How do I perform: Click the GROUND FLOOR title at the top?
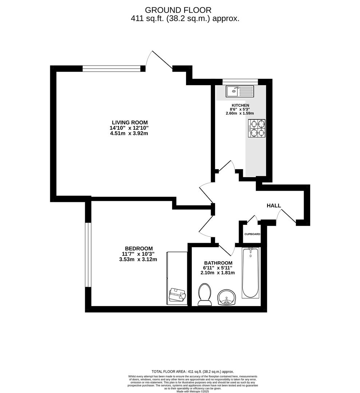(x=178, y=10)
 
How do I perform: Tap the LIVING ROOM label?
(x=130, y=123)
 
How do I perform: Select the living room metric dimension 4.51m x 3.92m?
(x=129, y=133)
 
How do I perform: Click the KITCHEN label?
(x=240, y=106)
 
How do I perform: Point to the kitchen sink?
(x=240, y=91)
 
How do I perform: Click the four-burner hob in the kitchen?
(x=257, y=128)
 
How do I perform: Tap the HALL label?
(x=274, y=206)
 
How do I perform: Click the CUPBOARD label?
(x=252, y=234)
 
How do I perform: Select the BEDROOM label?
(x=139, y=249)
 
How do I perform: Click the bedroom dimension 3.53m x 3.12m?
(x=138, y=259)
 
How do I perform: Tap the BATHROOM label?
(x=218, y=263)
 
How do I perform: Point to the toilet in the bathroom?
(x=205, y=295)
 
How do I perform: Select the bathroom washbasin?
(x=226, y=298)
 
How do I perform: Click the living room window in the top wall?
(x=111, y=68)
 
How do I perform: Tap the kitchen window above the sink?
(x=240, y=82)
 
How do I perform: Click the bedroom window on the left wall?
(x=88, y=255)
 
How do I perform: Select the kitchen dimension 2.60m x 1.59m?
(x=240, y=113)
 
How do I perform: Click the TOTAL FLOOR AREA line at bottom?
(x=193, y=372)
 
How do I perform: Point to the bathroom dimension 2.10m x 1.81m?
(x=218, y=273)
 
